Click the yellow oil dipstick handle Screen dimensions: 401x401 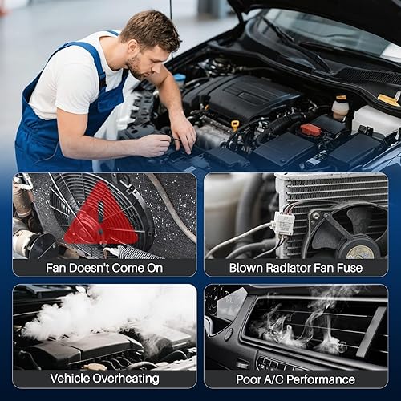click(x=235, y=124)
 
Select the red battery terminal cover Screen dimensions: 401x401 click(x=310, y=129)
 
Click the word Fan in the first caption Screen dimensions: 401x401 click(x=55, y=267)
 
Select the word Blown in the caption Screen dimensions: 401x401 click(x=247, y=267)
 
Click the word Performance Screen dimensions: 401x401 click(x=332, y=378)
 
